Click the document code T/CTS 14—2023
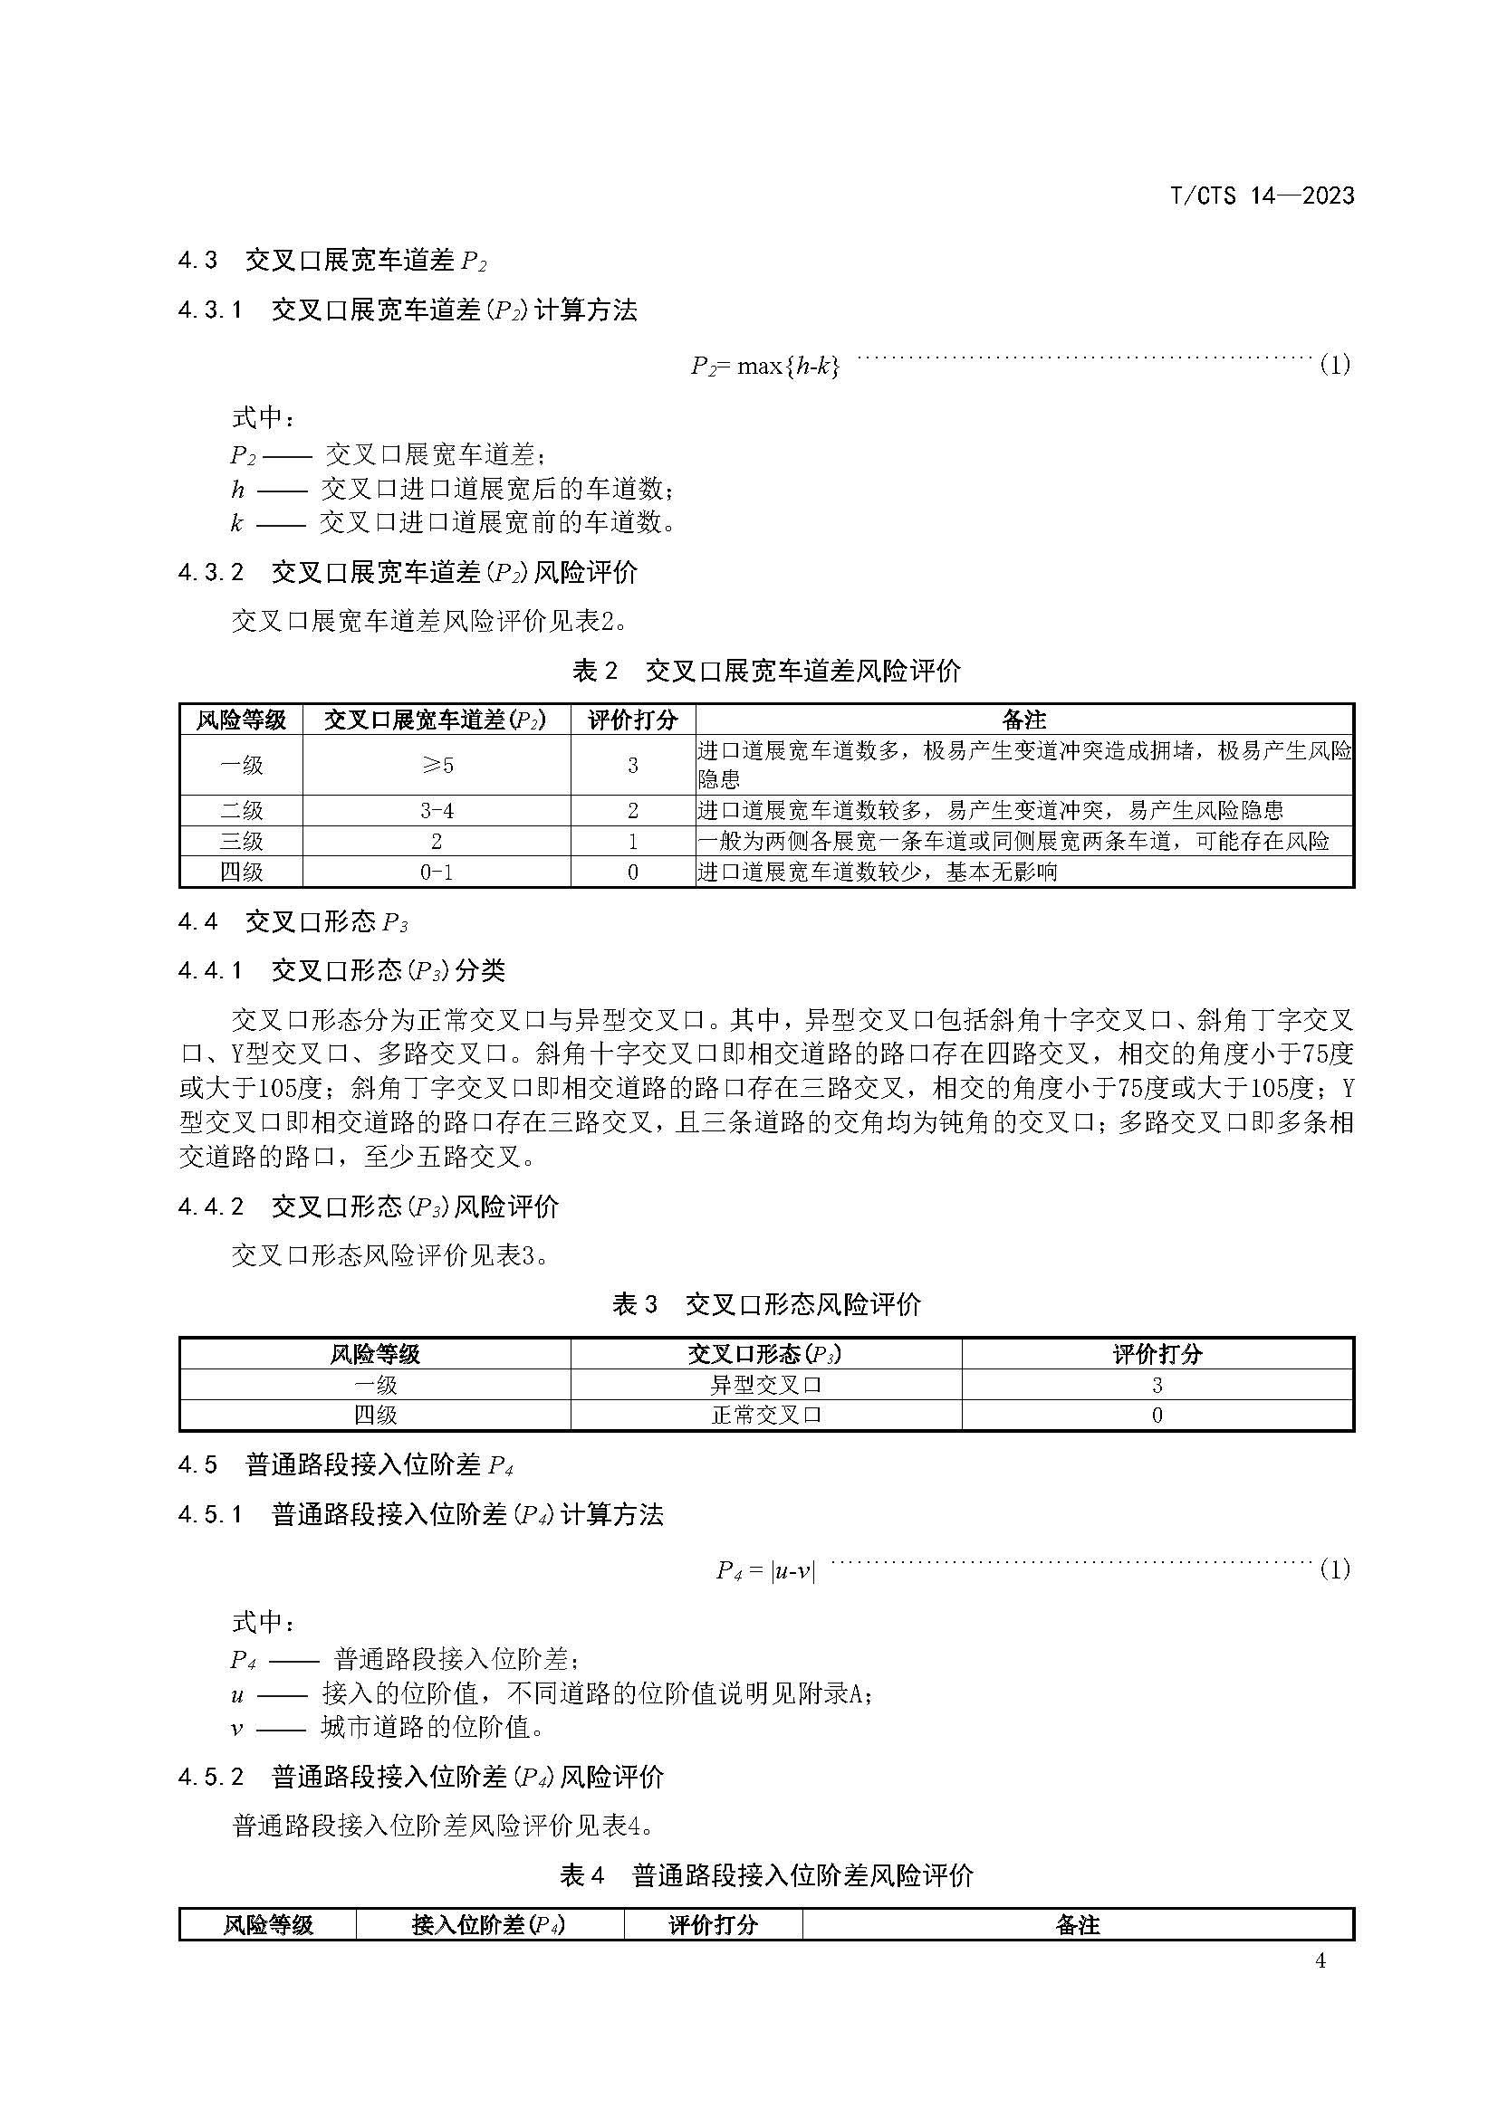pyautogui.click(x=1261, y=195)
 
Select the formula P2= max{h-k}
pyautogui.click(x=764, y=366)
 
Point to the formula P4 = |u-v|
pyautogui.click(x=765, y=1569)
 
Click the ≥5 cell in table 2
pyautogui.click(x=437, y=765)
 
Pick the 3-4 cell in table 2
pyautogui.click(x=437, y=810)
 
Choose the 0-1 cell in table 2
pyautogui.click(x=437, y=872)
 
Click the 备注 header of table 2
pyautogui.click(x=1024, y=720)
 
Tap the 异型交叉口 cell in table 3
pyautogui.click(x=765, y=1384)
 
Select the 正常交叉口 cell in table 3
pyautogui.click(x=765, y=1415)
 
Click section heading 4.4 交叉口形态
pyautogui.click(x=293, y=921)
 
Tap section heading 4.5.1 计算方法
pyautogui.click(x=420, y=1515)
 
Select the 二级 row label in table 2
pyautogui.click(x=242, y=810)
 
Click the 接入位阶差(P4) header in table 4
pyautogui.click(x=489, y=1924)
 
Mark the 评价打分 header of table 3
pyautogui.click(x=1157, y=1353)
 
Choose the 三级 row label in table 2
pyautogui.click(x=242, y=841)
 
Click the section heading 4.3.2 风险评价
pyautogui.click(x=408, y=573)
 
